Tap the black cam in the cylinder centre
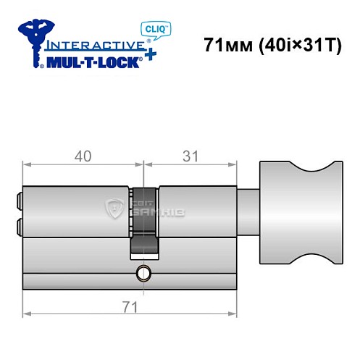click(143, 222)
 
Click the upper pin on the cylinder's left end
click(18, 198)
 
